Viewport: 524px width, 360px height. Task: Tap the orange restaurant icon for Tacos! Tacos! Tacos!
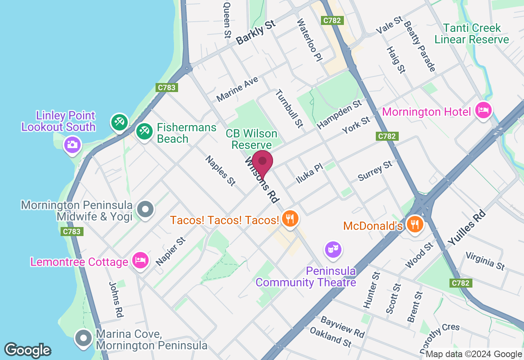point(290,219)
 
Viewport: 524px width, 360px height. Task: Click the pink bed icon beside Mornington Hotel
point(484,110)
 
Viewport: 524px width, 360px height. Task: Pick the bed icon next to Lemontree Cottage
point(140,261)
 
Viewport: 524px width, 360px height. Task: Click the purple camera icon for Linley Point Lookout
point(72,144)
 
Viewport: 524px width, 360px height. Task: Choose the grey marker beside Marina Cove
point(84,338)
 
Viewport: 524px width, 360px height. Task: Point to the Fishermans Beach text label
point(187,133)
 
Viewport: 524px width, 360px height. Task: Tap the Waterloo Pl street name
point(310,40)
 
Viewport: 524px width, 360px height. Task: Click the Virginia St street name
point(486,261)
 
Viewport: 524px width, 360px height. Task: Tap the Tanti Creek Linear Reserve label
point(472,34)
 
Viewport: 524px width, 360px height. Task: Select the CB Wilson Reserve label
point(251,139)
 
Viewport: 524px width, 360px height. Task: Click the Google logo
point(27,350)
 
